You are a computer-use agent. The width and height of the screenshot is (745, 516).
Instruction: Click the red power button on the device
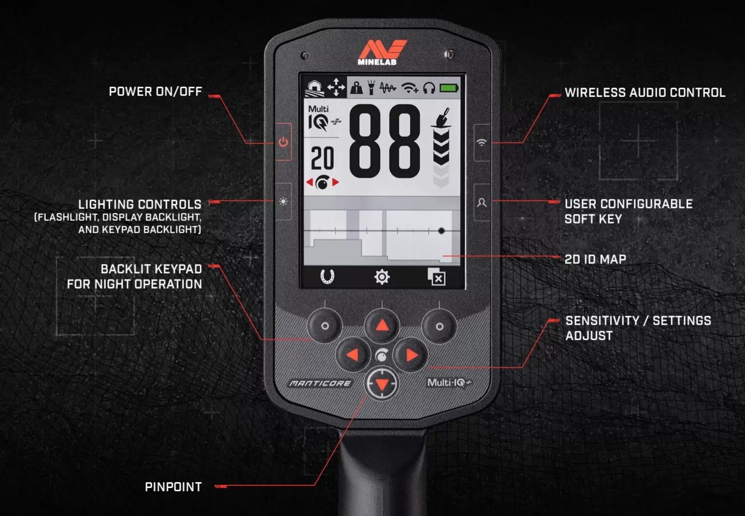[x=283, y=142]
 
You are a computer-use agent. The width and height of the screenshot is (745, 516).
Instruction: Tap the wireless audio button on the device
[x=482, y=142]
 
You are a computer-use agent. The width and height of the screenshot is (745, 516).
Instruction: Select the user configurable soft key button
[x=482, y=203]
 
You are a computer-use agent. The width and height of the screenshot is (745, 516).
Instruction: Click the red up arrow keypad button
[x=382, y=325]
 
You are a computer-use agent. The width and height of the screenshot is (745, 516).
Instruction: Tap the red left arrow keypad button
[x=353, y=354]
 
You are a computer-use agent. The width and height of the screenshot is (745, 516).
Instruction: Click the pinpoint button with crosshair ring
[x=382, y=383]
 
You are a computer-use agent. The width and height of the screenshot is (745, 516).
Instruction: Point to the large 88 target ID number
[x=384, y=141]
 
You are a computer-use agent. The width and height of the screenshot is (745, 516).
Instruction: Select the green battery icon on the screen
[x=449, y=88]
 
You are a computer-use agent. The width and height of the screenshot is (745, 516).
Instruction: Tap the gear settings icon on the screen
[x=382, y=277]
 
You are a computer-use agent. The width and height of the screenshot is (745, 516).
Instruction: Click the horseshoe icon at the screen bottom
[x=327, y=277]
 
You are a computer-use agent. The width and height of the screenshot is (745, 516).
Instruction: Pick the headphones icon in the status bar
[x=428, y=88]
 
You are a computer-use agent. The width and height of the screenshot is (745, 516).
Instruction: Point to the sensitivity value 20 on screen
[x=322, y=159]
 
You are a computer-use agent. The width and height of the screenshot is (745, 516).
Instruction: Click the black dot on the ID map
[x=441, y=231]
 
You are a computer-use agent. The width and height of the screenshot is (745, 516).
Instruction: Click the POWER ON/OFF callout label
[x=155, y=92]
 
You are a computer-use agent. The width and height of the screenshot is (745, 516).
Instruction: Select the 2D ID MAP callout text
[x=595, y=259]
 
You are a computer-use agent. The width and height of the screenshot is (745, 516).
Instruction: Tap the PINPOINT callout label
[x=173, y=487]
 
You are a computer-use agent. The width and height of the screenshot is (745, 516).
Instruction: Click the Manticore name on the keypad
[x=320, y=383]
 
